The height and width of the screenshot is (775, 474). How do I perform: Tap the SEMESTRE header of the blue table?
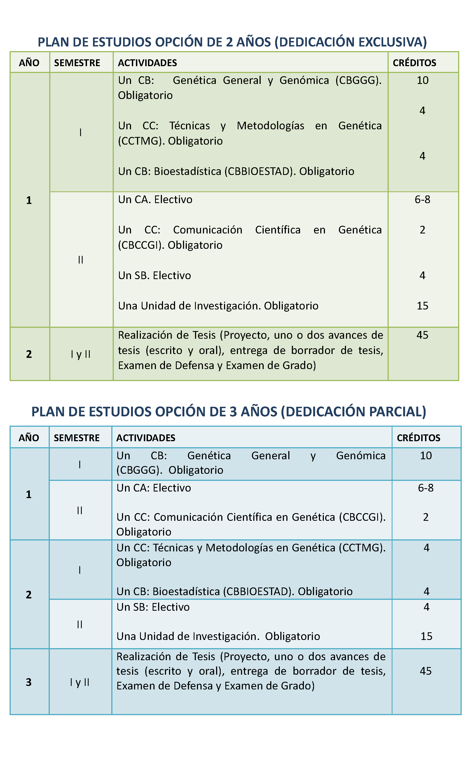click(77, 438)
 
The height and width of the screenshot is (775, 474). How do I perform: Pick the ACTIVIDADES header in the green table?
click(147, 63)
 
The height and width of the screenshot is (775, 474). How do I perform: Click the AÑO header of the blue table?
click(29, 438)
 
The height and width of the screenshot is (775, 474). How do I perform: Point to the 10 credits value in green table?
click(422, 81)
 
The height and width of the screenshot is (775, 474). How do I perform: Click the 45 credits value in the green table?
click(422, 335)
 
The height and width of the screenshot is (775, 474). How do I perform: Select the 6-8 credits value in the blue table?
click(426, 488)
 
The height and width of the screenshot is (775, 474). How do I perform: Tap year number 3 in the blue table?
click(29, 682)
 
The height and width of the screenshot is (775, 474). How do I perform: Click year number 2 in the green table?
click(29, 354)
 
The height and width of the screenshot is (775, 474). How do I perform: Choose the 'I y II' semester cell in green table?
click(81, 355)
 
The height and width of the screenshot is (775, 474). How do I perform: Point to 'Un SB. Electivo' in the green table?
click(155, 276)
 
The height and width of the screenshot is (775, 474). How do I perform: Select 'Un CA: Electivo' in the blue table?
click(154, 488)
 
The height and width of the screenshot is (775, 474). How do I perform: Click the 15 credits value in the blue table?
click(426, 636)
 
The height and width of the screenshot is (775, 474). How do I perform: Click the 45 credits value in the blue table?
click(426, 671)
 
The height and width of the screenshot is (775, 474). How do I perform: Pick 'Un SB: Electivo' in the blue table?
click(153, 607)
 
